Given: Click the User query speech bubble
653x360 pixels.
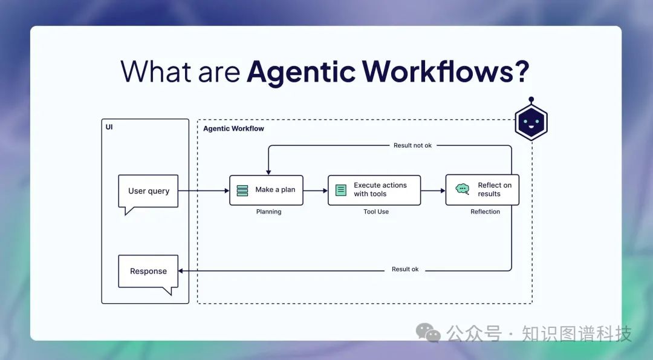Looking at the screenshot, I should pyautogui.click(x=148, y=191).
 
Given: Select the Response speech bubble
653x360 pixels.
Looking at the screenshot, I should pyautogui.click(x=148, y=272).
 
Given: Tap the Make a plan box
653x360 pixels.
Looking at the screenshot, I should pyautogui.click(x=266, y=190).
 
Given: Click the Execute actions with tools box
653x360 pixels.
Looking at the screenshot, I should pyautogui.click(x=374, y=190).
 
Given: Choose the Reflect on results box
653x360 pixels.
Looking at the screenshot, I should pyautogui.click(x=482, y=190).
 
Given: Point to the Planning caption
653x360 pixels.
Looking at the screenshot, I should pyautogui.click(x=268, y=212).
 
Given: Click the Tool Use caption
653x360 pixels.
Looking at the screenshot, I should pyautogui.click(x=376, y=212).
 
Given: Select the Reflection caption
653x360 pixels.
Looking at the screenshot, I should pyautogui.click(x=485, y=212).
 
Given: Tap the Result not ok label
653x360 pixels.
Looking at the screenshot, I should pyautogui.click(x=412, y=145).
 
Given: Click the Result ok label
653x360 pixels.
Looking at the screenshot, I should pyautogui.click(x=405, y=269).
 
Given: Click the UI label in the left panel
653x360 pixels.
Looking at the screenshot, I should pyautogui.click(x=109, y=128).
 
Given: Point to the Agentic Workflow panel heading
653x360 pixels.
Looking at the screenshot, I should pyautogui.click(x=233, y=129).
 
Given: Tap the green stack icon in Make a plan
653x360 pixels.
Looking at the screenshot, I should pyautogui.click(x=242, y=190).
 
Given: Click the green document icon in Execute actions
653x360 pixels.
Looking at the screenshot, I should pyautogui.click(x=341, y=190).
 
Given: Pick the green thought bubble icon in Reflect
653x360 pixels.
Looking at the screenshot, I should pyautogui.click(x=463, y=189).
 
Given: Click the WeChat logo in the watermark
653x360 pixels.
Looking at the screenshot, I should pyautogui.click(x=428, y=332).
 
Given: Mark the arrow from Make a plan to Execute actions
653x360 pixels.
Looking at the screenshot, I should pyautogui.click(x=315, y=191).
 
